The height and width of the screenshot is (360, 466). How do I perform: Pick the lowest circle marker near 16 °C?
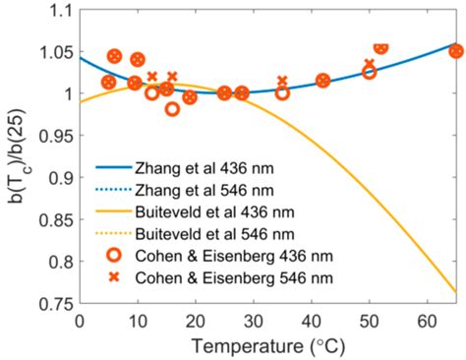click(x=172, y=109)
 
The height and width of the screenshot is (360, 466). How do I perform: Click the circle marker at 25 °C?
click(x=224, y=93)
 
